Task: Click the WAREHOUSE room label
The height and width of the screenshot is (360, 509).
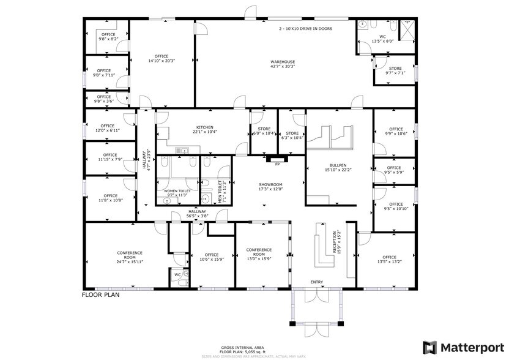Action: tap(283, 62)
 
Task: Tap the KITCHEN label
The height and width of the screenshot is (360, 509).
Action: tap(204, 127)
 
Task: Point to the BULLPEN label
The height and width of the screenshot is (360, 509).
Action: tap(338, 165)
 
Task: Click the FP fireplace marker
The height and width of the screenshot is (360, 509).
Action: tap(277, 164)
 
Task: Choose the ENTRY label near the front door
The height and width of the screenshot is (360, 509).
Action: tap(316, 282)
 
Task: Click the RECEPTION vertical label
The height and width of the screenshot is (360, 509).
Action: tap(336, 241)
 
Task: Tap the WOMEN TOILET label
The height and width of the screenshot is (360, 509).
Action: tap(177, 191)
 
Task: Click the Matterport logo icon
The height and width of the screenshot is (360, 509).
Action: tap(431, 347)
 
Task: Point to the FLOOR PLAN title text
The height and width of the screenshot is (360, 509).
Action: tap(100, 294)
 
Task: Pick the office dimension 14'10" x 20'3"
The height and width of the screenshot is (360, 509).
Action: tap(162, 61)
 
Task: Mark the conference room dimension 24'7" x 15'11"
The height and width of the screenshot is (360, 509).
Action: tap(129, 262)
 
